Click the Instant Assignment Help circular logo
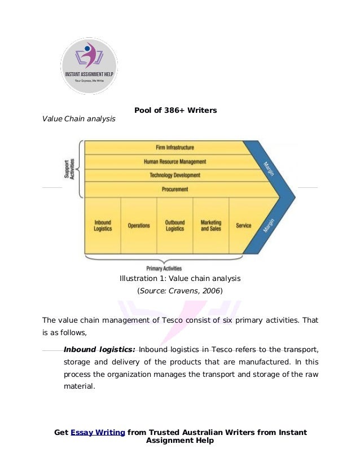[x=89, y=66]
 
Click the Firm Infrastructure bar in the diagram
[x=174, y=147]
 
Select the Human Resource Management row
[x=174, y=161]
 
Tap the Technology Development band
[x=174, y=175]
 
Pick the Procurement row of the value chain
[x=174, y=190]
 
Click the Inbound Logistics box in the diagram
[x=103, y=226]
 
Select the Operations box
[x=139, y=226]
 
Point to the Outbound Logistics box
[x=175, y=226]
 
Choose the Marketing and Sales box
[x=211, y=226]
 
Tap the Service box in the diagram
[x=244, y=226]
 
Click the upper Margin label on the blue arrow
[x=269, y=169]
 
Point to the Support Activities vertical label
[x=70, y=169]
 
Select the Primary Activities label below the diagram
[x=164, y=269]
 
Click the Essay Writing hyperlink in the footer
[x=98, y=432]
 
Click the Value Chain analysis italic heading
[x=78, y=118]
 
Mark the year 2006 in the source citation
[x=211, y=291]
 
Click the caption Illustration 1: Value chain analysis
[x=180, y=279]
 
